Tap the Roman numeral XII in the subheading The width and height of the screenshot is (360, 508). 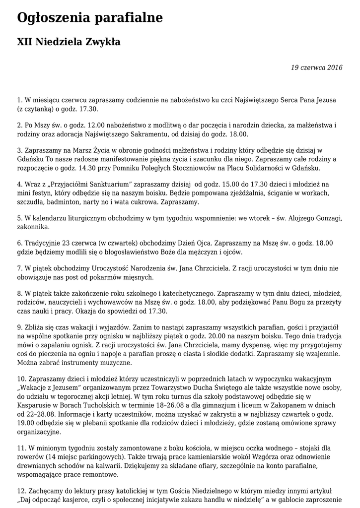25,43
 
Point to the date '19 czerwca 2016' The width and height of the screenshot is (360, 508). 317,67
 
